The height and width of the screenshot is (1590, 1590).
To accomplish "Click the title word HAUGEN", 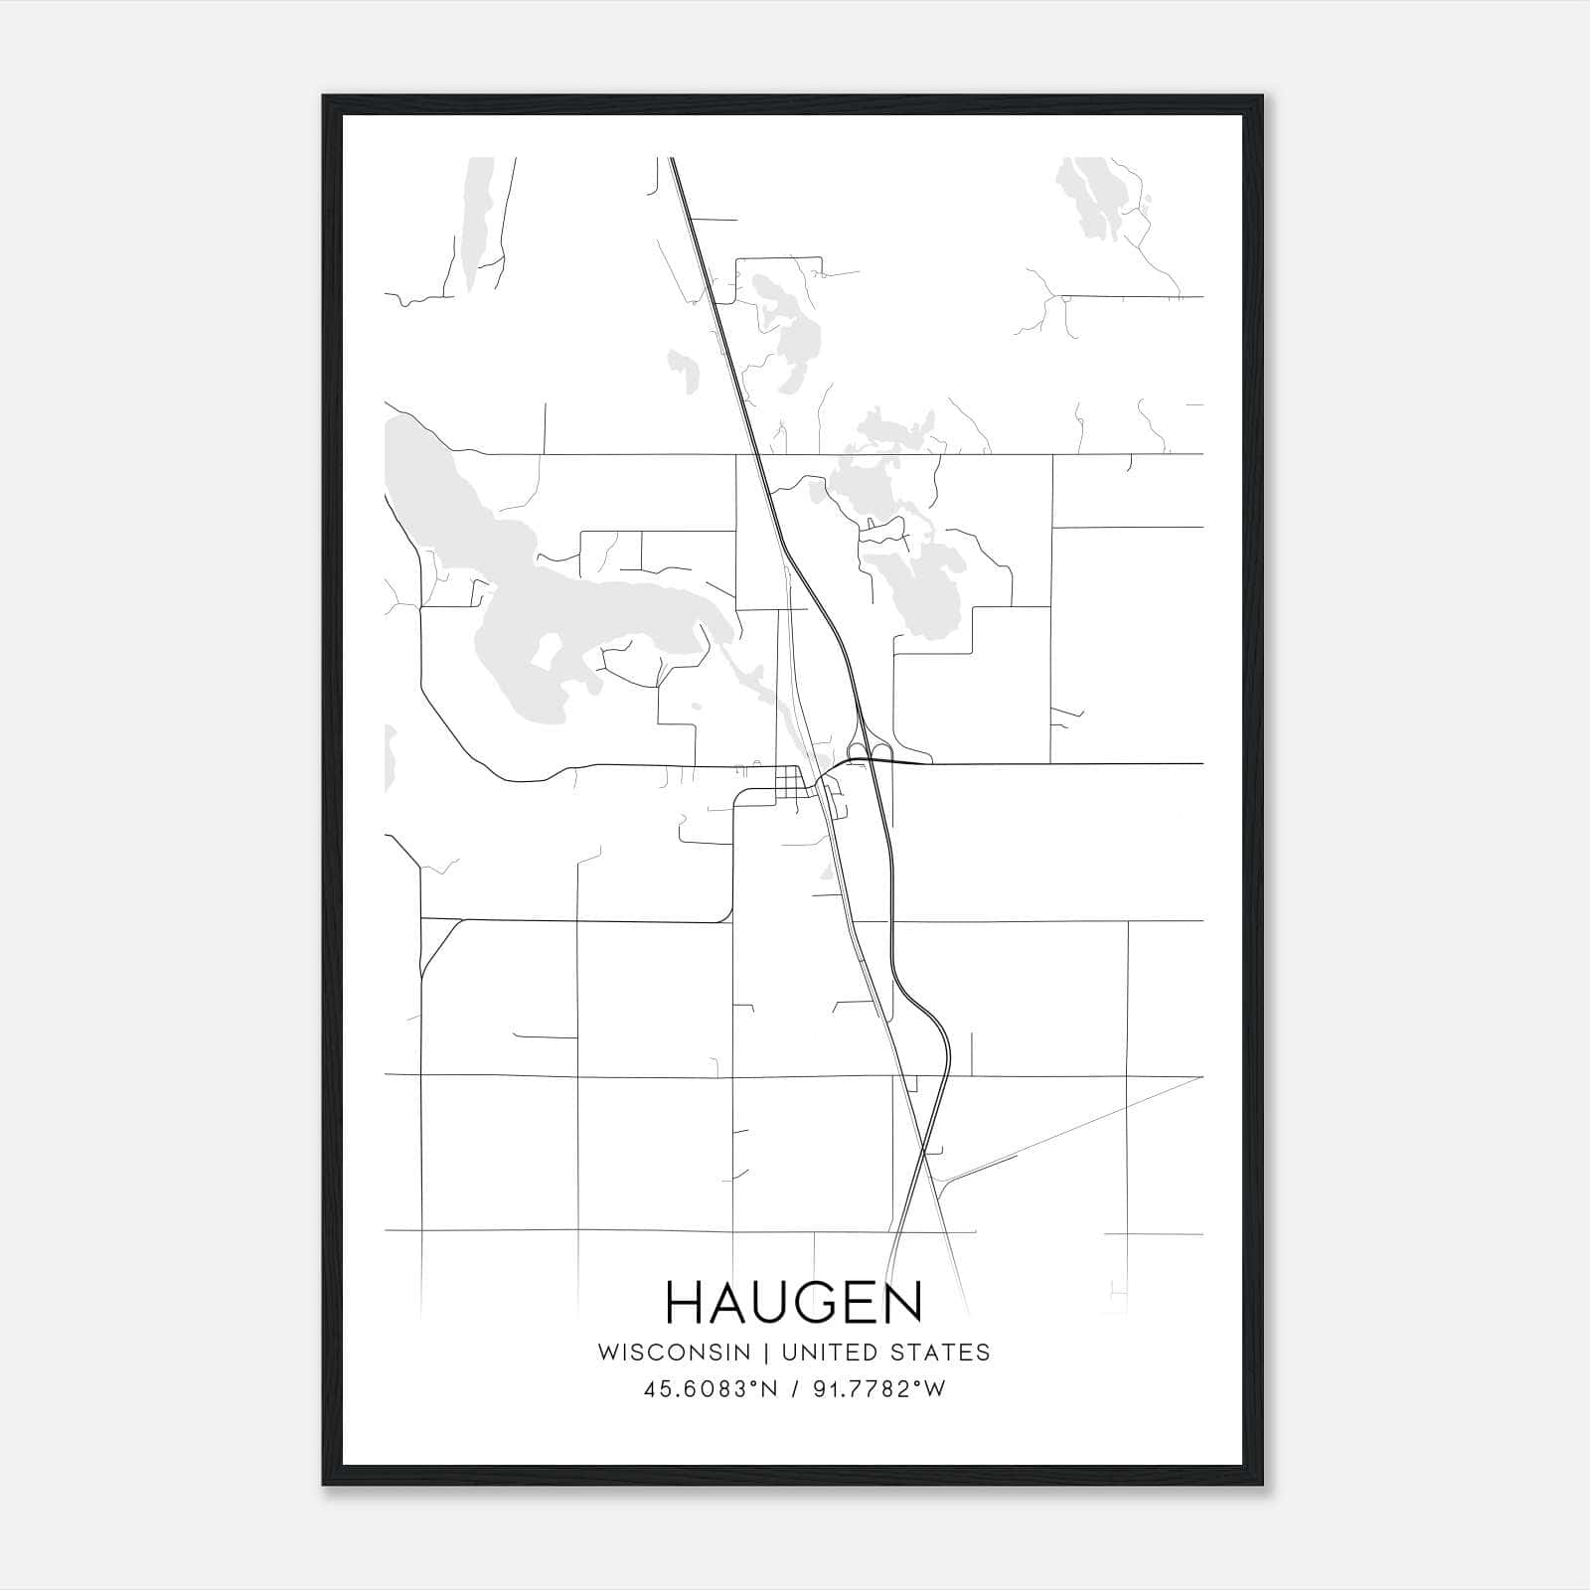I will point(794,1303).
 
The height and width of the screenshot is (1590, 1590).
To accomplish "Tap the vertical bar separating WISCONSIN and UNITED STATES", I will point(766,1352).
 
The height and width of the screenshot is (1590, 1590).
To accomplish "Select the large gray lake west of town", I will point(556,616).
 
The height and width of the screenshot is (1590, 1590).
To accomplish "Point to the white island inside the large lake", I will point(550,651).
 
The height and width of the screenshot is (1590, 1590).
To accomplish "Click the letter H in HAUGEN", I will point(684,1303).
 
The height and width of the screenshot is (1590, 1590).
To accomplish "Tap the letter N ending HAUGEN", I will point(904,1303).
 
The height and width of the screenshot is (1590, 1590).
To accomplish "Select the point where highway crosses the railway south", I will point(924,1153).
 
